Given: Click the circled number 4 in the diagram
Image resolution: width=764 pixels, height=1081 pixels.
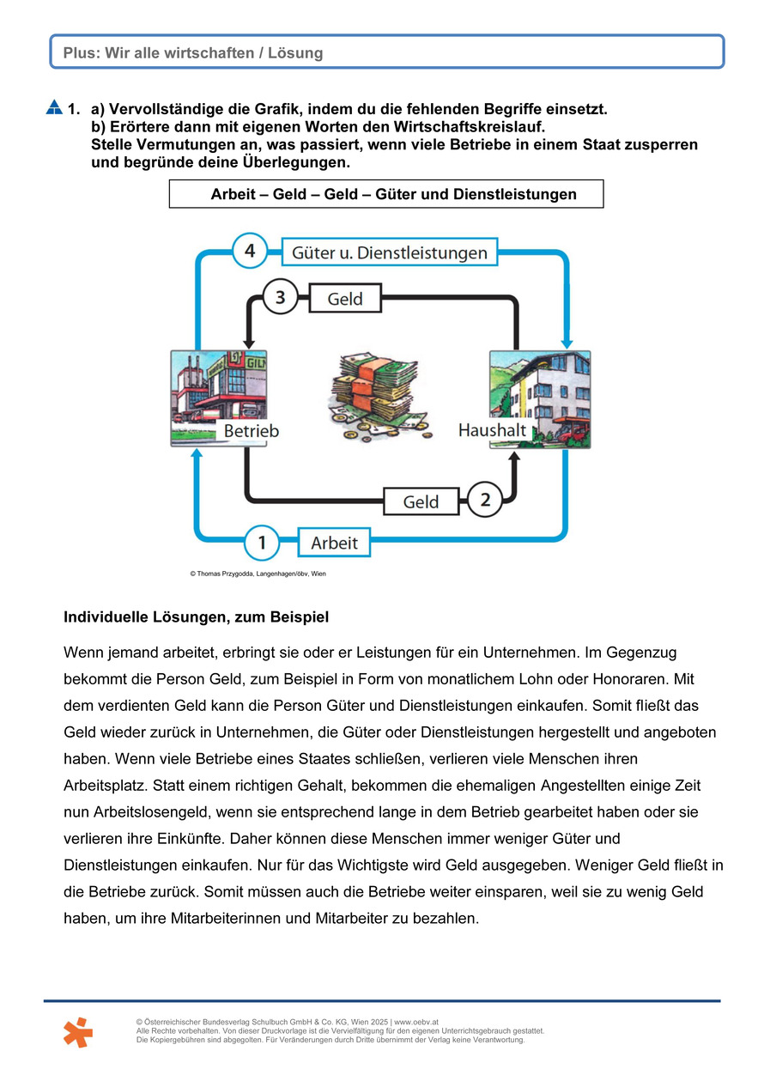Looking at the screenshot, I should click(x=250, y=252).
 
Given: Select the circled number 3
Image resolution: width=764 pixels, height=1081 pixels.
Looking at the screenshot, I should click(x=280, y=299).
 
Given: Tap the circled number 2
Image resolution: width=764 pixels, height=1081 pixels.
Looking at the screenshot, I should click(x=485, y=500).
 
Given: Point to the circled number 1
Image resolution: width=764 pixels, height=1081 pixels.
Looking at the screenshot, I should click(x=261, y=543).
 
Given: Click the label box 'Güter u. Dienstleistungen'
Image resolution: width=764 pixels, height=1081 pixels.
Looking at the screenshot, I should click(x=390, y=252).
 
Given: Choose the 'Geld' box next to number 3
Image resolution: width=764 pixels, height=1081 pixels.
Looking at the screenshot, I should click(x=345, y=299).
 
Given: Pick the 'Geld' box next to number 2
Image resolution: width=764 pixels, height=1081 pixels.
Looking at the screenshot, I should click(x=421, y=501).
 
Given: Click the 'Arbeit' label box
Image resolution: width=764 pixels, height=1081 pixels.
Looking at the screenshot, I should click(x=334, y=543).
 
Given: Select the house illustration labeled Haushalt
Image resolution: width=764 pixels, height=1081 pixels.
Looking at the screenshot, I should click(x=540, y=397).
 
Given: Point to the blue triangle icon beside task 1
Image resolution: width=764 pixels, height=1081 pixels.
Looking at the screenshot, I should click(x=54, y=108).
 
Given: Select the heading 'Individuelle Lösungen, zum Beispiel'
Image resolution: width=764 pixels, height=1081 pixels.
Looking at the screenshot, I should click(x=196, y=616).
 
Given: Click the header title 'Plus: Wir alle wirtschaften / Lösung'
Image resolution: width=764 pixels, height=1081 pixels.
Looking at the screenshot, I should click(x=193, y=53).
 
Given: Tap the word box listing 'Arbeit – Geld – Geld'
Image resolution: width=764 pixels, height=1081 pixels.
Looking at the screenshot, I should click(x=386, y=194).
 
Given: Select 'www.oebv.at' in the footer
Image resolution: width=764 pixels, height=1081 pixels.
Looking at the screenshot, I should click(x=417, y=1022).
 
